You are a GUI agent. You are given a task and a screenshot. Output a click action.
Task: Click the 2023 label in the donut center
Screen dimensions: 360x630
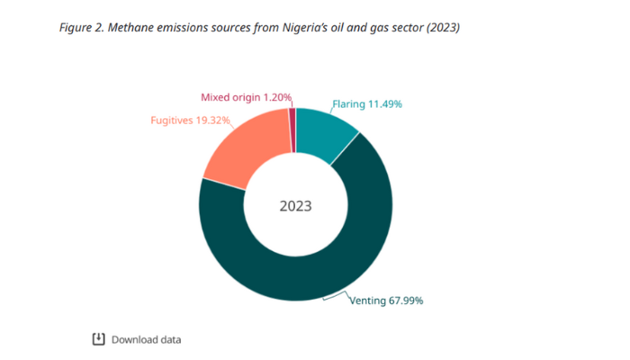point(295,205)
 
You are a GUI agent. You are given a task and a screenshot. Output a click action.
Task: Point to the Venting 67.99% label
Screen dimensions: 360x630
point(386,300)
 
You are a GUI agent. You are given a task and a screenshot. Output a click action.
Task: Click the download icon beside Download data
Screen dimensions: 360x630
point(99,339)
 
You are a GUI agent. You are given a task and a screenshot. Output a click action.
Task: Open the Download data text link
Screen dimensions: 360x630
point(146,339)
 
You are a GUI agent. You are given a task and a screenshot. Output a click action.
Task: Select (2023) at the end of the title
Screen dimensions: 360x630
point(441,27)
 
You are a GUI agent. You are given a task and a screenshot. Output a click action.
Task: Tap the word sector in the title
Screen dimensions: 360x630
point(403,27)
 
